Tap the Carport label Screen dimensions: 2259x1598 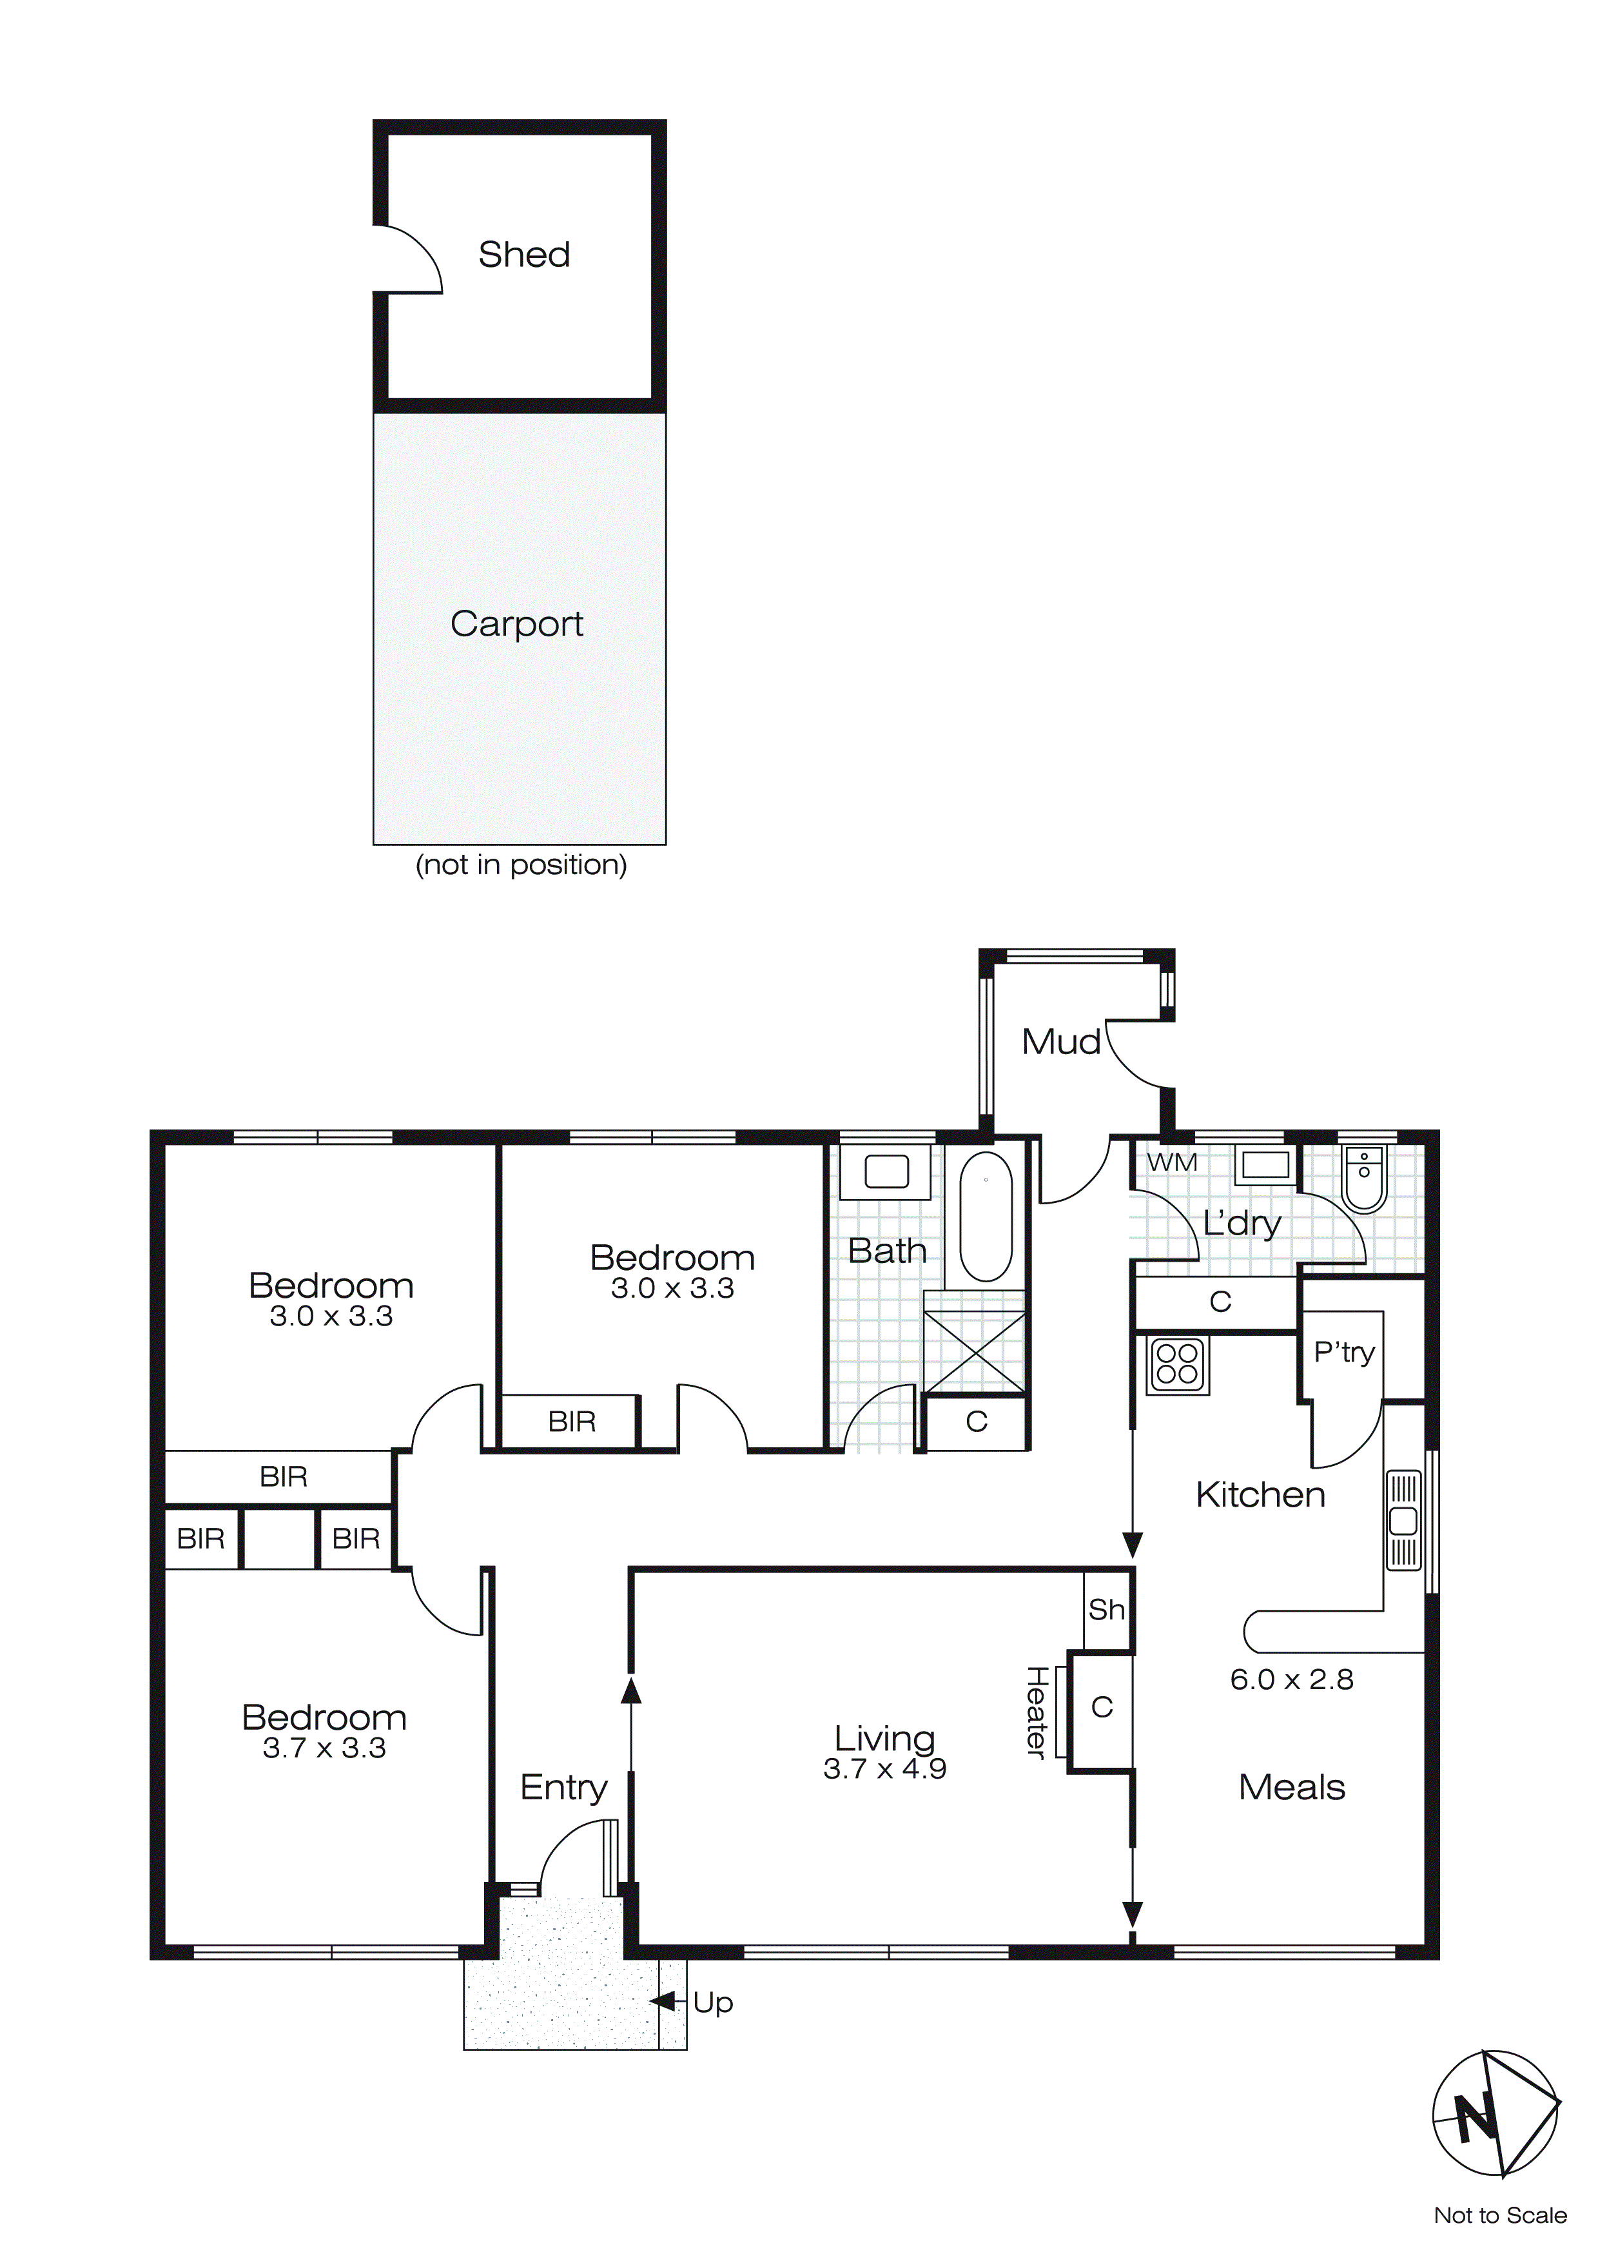(x=516, y=624)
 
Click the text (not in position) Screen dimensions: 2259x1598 (x=521, y=865)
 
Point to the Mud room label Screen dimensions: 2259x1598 (x=1061, y=1042)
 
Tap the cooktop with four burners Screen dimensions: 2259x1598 (x=1178, y=1365)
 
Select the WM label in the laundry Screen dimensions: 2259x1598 (x=1172, y=1162)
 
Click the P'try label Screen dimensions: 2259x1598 (x=1343, y=1353)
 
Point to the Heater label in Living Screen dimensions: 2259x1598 (x=1036, y=1713)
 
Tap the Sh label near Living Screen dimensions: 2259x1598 (x=1106, y=1610)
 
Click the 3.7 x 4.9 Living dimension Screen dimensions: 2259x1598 (x=884, y=1769)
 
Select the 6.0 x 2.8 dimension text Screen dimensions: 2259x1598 (x=1291, y=1679)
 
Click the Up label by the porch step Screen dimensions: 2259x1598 (x=712, y=2003)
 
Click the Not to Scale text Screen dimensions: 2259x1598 (x=1499, y=2216)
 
